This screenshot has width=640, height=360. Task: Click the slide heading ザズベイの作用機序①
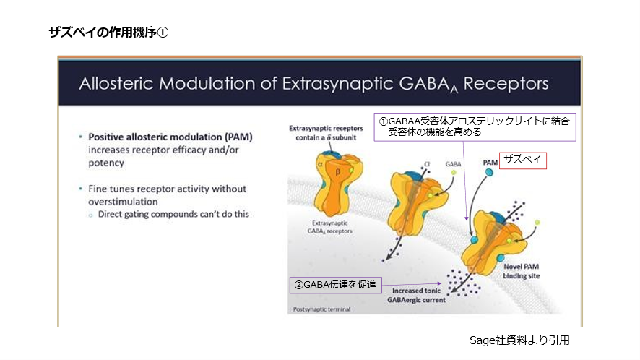pos(108,33)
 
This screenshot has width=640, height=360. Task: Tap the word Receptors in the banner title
pos(506,82)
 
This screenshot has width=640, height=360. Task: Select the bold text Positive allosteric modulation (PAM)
pos(170,136)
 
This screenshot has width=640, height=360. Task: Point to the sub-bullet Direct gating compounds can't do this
pos(173,215)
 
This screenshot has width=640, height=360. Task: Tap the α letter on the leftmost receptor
pos(320,164)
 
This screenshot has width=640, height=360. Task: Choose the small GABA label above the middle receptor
pos(454,164)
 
